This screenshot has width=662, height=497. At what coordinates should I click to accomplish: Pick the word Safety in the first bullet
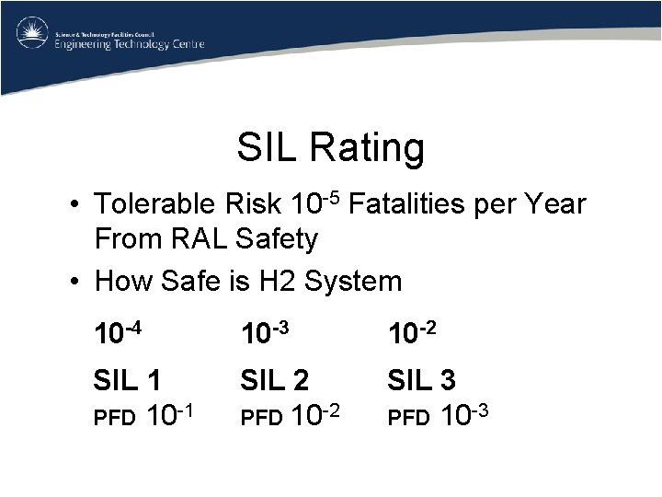[x=276, y=240]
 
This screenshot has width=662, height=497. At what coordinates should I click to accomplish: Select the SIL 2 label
[x=274, y=380]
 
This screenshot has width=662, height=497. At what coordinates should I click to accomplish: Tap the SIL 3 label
[x=421, y=380]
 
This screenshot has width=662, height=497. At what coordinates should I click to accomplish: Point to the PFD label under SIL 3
[x=407, y=419]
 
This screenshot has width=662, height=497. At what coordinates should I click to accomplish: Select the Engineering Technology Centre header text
[x=130, y=44]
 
